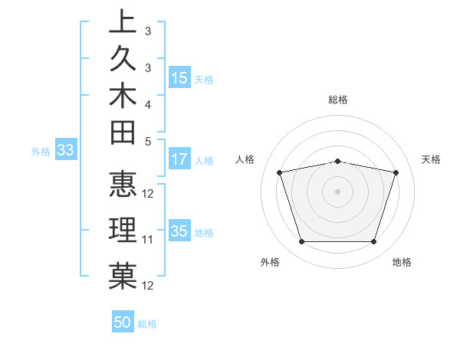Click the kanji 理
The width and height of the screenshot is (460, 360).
pos(123,230)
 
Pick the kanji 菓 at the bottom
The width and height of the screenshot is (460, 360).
pos(123,276)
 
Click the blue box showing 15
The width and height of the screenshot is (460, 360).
pos(179,78)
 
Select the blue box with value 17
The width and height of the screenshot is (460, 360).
pos(179,160)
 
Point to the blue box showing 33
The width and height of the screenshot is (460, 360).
pos(65,151)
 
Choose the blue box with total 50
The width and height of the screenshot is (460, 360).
pos(123,322)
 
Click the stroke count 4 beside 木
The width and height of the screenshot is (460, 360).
pos(147,103)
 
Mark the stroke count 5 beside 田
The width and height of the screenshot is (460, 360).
pos(147,141)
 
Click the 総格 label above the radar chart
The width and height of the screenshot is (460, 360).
pos(338,100)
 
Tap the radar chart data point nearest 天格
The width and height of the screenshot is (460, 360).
pos(396,173)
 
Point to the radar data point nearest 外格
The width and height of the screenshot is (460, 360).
pos(301,242)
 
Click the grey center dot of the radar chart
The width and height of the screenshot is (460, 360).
pos(338,191)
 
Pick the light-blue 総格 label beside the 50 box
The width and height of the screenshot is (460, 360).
pos(147,324)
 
